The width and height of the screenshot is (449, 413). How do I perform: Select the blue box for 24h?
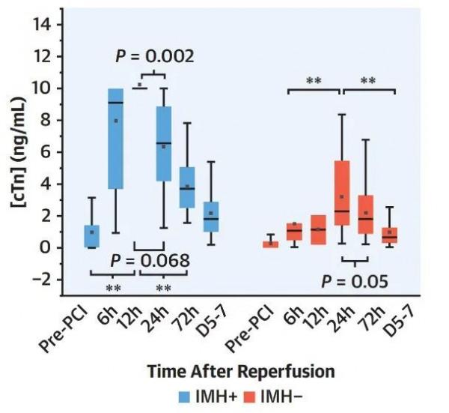(x=163, y=143)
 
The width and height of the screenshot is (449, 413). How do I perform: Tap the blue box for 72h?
(x=187, y=187)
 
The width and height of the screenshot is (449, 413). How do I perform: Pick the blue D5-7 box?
(x=212, y=216)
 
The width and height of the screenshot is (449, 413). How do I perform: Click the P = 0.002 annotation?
(x=155, y=56)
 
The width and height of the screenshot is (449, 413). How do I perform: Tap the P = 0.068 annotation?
(x=149, y=261)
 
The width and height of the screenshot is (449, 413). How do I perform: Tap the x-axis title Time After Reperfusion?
(x=240, y=371)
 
